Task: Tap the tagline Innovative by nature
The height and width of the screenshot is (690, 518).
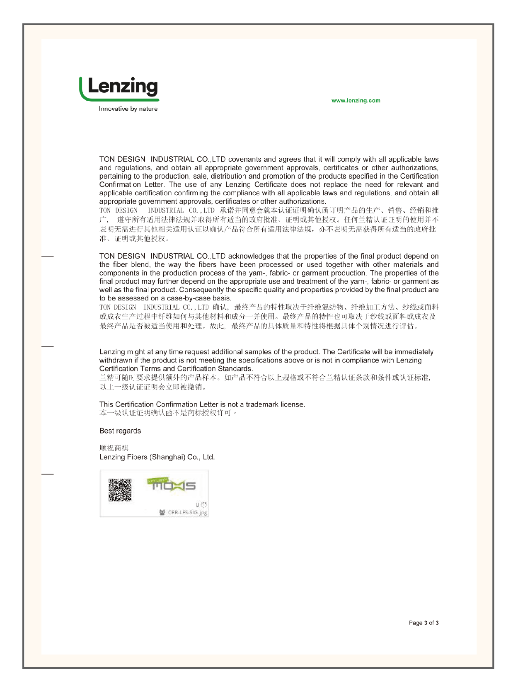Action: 128,109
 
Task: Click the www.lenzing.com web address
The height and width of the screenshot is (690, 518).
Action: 356,101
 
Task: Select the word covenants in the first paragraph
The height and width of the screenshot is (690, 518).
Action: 244,160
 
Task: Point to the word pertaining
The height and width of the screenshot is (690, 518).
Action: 115,176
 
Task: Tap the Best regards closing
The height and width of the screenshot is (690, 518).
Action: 120,431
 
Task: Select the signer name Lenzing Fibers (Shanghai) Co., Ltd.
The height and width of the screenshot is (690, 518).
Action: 157,457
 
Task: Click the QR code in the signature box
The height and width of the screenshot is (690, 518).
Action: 120,490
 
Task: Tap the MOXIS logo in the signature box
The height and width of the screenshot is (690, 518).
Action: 172,484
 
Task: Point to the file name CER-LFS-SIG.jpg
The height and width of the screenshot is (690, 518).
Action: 187,513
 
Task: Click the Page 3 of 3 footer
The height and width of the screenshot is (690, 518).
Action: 424,623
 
